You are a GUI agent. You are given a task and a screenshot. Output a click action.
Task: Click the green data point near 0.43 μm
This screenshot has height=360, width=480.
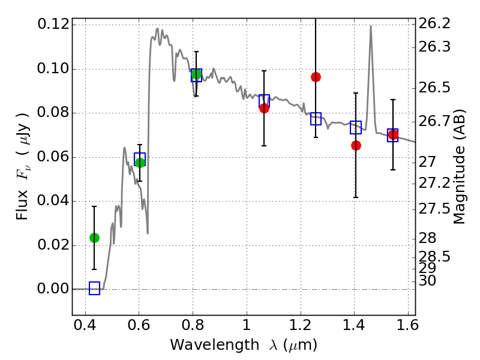click(x=94, y=238)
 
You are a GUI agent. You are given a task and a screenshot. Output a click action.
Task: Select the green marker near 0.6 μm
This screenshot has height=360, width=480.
click(x=140, y=162)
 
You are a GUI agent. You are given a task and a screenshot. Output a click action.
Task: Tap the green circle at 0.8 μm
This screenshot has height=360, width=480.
click(x=196, y=74)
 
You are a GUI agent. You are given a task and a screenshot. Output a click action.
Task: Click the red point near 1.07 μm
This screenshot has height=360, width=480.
click(x=264, y=108)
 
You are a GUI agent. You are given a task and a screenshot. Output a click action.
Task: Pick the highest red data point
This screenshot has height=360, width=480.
click(x=316, y=77)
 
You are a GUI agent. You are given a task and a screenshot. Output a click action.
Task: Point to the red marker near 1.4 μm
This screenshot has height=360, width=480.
click(x=356, y=145)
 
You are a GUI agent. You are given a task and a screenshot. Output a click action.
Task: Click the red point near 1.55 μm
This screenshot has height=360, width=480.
click(x=393, y=135)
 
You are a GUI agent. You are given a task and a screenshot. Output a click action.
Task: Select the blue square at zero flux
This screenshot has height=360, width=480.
click(x=94, y=289)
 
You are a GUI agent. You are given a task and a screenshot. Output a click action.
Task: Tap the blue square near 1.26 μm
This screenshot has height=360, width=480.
click(x=316, y=119)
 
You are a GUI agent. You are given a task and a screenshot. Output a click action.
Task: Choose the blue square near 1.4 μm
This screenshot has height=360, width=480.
click(x=356, y=127)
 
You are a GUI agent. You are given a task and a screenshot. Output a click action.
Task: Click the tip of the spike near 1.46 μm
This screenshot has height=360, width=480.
click(x=370, y=26)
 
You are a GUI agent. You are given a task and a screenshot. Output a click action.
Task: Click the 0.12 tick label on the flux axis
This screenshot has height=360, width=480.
click(x=53, y=25)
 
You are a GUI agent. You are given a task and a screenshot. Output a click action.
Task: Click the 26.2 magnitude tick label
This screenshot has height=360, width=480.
click(x=434, y=25)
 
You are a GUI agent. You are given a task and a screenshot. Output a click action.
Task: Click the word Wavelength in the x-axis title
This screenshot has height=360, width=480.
click(x=205, y=345)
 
